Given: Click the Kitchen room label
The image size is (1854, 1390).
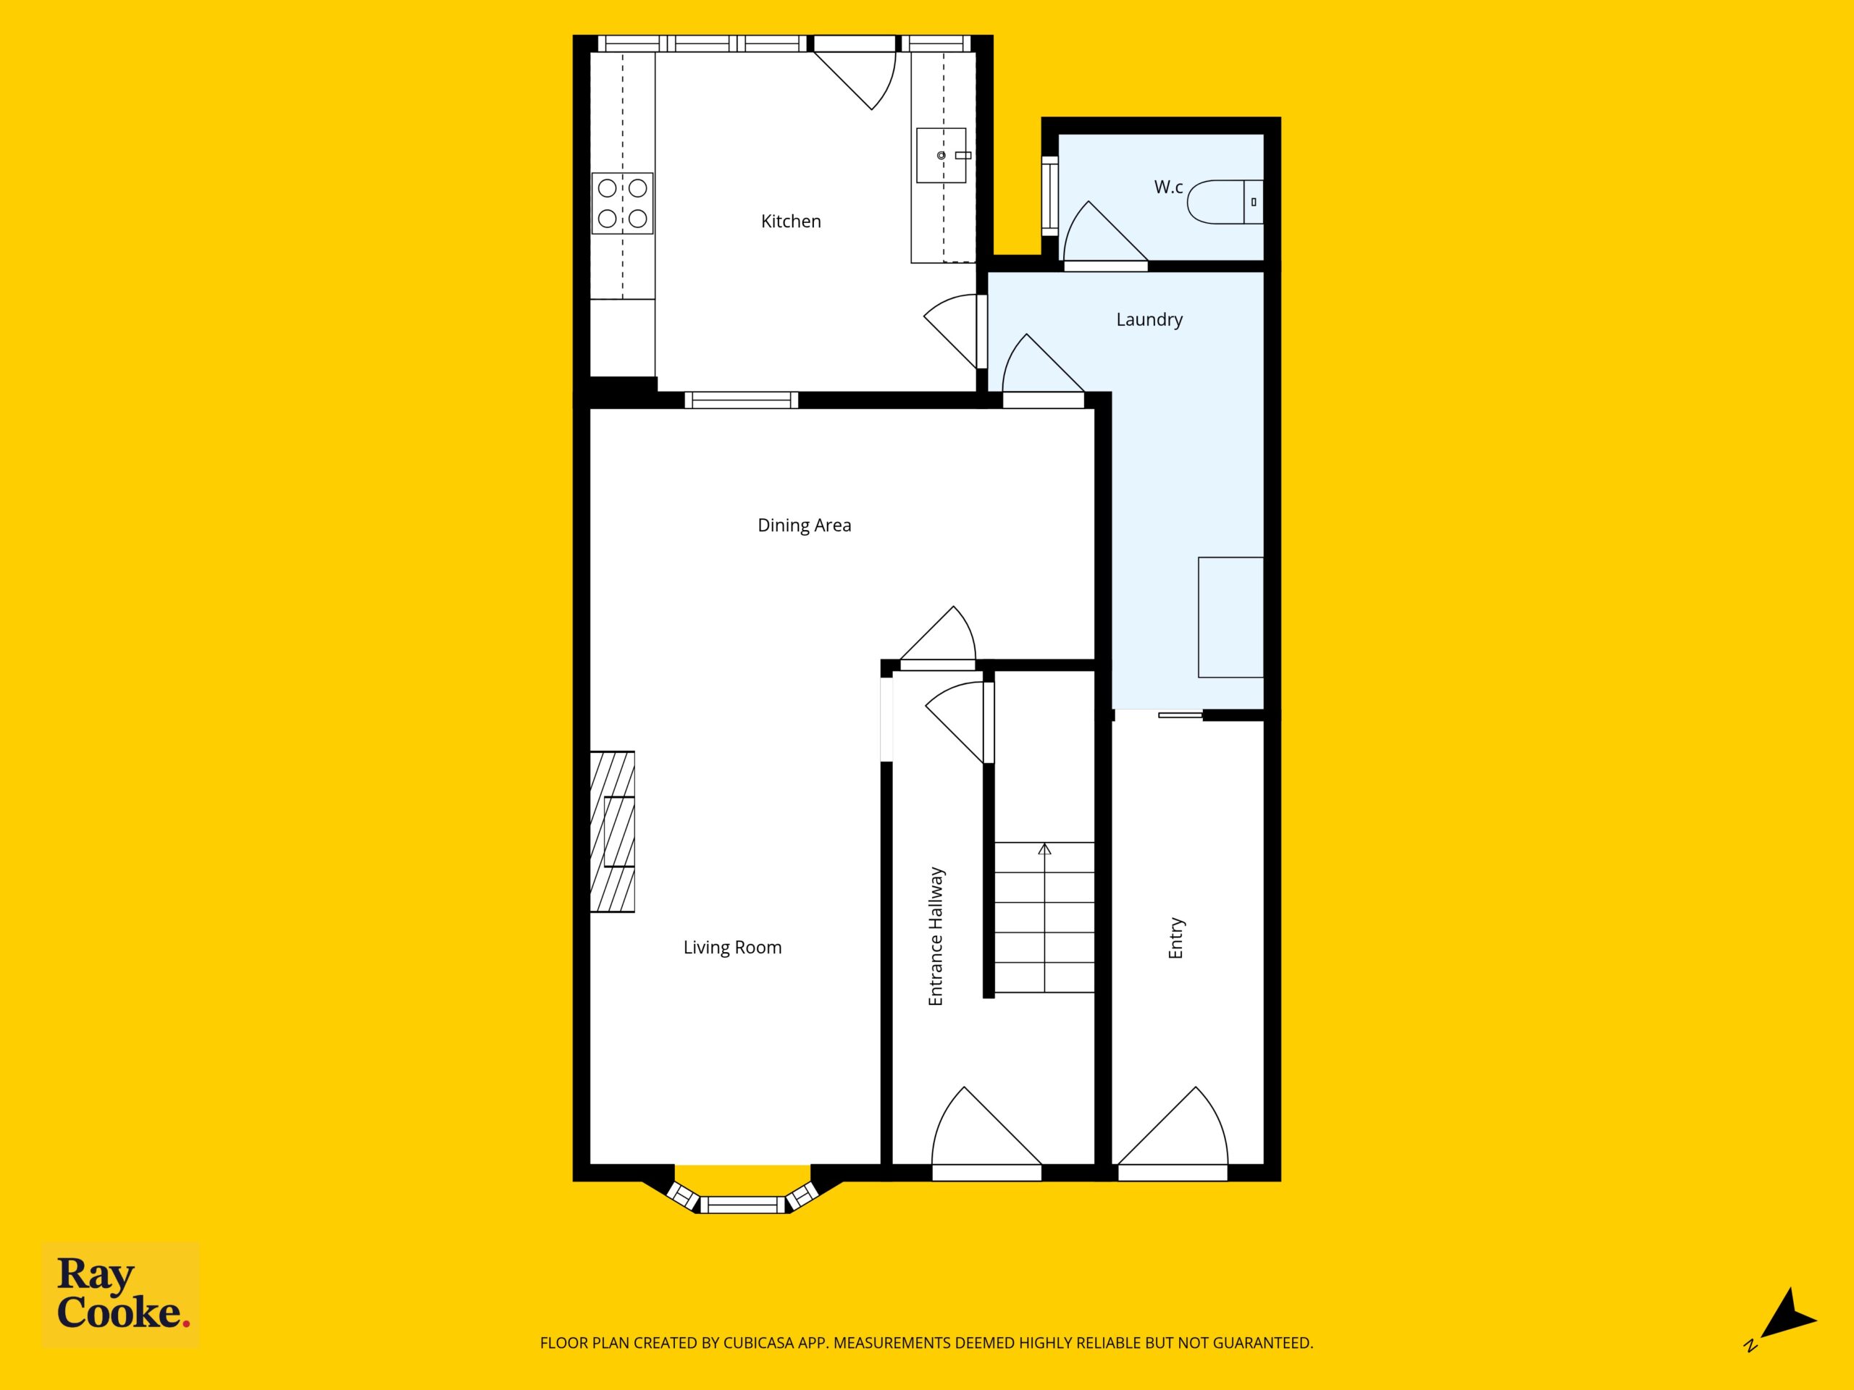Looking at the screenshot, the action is pos(790,222).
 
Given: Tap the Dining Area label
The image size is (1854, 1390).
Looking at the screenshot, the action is pos(804,526).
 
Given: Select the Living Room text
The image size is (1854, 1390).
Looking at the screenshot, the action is pos(731,948).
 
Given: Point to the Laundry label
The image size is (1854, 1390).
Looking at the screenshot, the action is pos(1149,320).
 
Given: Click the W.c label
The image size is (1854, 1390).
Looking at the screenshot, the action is pos(1168,187).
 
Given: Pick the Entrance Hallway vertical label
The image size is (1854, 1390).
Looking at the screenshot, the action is pos(936,937).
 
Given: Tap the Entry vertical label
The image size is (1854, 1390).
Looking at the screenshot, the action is pos(1176,938).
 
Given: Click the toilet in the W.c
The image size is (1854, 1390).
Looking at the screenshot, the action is pos(1225,202).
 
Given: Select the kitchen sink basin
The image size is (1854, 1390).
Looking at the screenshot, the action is pos(941,155).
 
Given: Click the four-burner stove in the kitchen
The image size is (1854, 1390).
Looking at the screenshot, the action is pos(622,203).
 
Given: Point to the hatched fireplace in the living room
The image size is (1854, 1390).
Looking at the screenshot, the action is pos(612,831).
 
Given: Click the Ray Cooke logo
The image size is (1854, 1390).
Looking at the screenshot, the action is pos(121,1294).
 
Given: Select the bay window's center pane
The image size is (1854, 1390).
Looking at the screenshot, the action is pos(742,1205).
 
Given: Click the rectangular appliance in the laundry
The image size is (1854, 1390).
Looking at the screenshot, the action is pos(1230,617).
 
